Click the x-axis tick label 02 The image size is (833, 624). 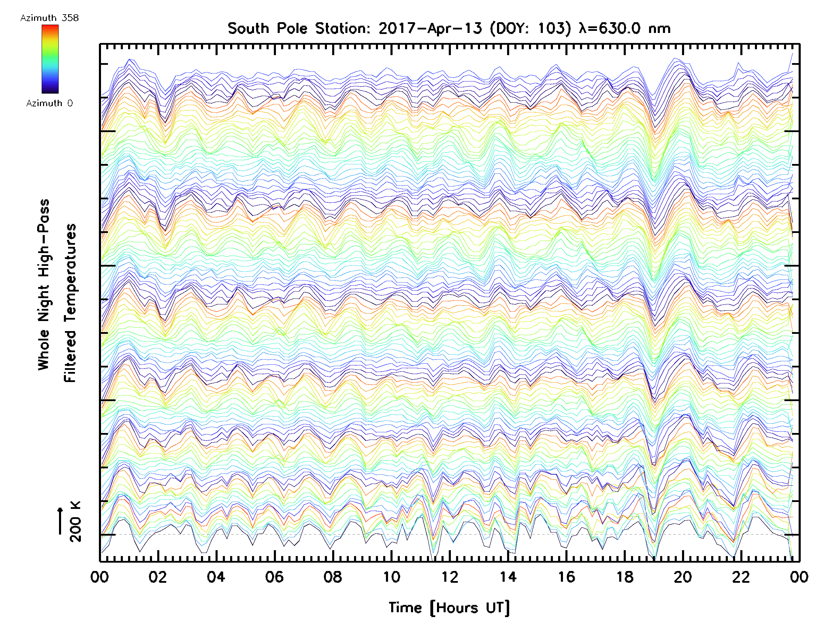[x=158, y=577]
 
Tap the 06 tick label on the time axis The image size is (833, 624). [x=274, y=577]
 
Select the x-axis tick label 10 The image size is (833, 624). [x=391, y=577]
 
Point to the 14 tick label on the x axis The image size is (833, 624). [x=508, y=577]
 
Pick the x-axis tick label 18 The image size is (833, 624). [x=625, y=577]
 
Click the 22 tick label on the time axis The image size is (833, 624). [x=741, y=577]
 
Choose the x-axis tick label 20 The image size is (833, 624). [x=683, y=577]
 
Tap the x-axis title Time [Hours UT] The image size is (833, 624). [x=449, y=608]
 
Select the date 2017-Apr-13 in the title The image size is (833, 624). [x=430, y=28]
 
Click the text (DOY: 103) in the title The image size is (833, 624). [x=530, y=28]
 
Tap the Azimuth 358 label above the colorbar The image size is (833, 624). [x=49, y=18]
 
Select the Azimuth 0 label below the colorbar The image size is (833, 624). [x=49, y=103]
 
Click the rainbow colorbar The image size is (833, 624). [x=50, y=59]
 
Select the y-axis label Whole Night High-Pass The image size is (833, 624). [x=44, y=285]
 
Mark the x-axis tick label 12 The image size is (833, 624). [x=449, y=577]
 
